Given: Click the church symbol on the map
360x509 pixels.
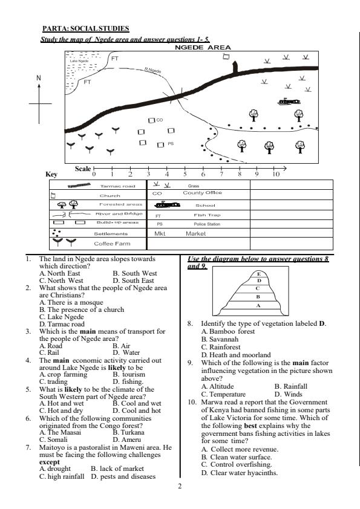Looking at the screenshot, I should pyautogui.click(x=226, y=57).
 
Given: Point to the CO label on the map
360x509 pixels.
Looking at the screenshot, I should pyautogui.click(x=160, y=120).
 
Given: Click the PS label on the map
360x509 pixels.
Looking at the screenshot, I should pyautogui.click(x=171, y=144).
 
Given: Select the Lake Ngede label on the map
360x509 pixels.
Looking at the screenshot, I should pyautogui.click(x=79, y=61).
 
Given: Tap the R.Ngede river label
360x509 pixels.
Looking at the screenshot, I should pyautogui.click(x=152, y=71).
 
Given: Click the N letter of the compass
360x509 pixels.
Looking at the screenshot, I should pyautogui.click(x=39, y=78).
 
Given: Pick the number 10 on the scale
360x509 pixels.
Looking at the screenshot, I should pyautogui.click(x=275, y=174).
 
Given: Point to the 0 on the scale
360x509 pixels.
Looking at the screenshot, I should pyautogui.click(x=94, y=174).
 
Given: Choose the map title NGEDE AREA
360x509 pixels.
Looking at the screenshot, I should pyautogui.click(x=203, y=47).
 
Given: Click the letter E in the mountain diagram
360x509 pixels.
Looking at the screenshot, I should pyautogui.click(x=258, y=274).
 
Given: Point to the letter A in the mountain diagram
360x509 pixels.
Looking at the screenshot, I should pyautogui.click(x=258, y=306).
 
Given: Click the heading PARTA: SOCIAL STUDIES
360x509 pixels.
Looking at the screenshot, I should pyautogui.click(x=85, y=28).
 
